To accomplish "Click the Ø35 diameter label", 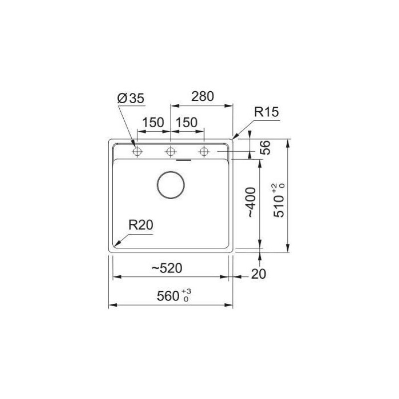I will tap(131, 99).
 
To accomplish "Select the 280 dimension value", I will tap(201, 96).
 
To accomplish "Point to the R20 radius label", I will tap(140, 225).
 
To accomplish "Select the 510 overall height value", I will tap(280, 204).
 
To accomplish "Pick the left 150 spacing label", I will tap(153, 122).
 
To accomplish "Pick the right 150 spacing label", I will tap(186, 122).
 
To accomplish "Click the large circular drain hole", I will tap(171, 185).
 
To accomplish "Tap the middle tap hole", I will tap(171, 151).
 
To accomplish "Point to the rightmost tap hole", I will tap(203, 151).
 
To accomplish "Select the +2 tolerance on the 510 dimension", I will tap(274, 188).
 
